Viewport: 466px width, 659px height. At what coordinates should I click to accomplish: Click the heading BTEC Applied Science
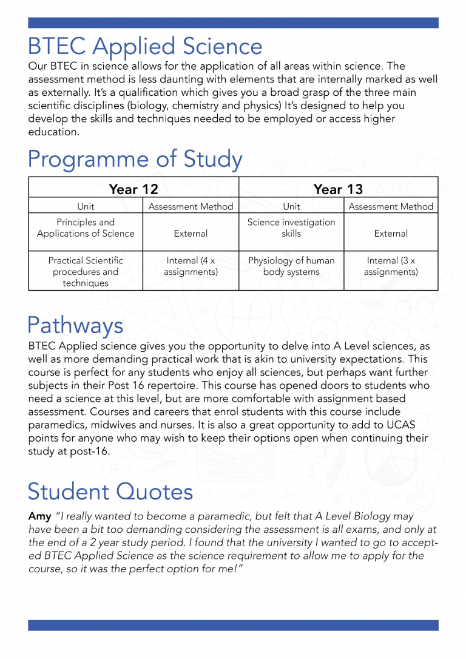click(145, 47)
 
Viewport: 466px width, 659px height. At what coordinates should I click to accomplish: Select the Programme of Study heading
click(135, 160)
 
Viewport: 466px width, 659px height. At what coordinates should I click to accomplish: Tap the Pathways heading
click(75, 326)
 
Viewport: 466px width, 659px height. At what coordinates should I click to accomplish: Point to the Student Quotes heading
click(110, 491)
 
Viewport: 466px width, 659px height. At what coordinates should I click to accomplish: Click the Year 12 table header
click(133, 189)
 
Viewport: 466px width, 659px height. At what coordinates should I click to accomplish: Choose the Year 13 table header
click(338, 189)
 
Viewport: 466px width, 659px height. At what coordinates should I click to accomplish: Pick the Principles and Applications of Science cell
click(86, 228)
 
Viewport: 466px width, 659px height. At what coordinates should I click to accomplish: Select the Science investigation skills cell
click(291, 228)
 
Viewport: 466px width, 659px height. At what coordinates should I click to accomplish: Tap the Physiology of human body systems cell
click(291, 266)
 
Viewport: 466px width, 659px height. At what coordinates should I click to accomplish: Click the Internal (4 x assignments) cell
click(191, 266)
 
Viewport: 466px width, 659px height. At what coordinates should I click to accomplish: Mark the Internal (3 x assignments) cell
click(391, 266)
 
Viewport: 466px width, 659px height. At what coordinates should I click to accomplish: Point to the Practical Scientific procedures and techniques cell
click(86, 272)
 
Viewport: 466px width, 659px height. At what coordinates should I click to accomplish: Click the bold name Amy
click(39, 516)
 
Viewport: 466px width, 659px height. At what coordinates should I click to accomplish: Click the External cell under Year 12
click(191, 234)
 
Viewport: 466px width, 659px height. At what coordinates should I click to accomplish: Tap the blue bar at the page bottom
click(233, 625)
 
